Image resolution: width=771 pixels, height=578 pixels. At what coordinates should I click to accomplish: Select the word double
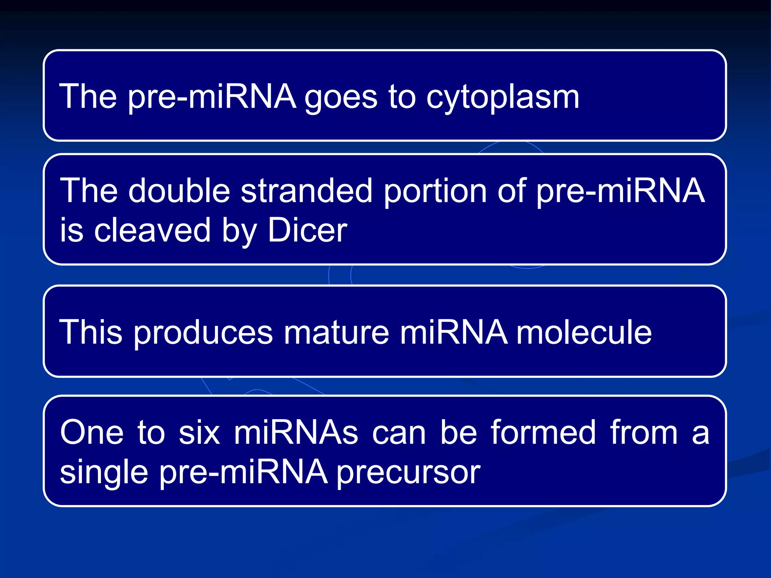(x=179, y=191)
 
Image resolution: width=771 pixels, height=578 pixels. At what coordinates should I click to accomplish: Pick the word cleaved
(x=152, y=230)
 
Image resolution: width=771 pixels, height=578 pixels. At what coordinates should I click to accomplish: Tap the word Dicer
(x=308, y=230)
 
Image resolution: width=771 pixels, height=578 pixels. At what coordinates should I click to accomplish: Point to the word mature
(x=336, y=332)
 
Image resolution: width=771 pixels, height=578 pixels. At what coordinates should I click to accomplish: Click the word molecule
(x=584, y=332)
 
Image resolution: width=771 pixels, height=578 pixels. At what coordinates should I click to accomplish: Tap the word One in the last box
(x=92, y=433)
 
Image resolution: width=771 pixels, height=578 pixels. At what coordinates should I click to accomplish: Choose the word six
(x=199, y=433)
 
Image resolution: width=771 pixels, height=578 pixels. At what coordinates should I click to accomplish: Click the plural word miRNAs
(x=296, y=433)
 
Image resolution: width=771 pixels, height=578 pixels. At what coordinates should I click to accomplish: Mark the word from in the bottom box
(x=644, y=433)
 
